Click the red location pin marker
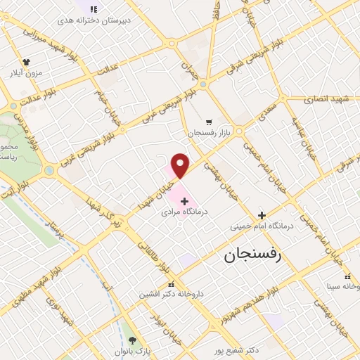pyautogui.click(x=181, y=165)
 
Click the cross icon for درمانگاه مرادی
pyautogui.click(x=184, y=201)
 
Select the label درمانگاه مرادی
pyautogui.click(x=185, y=211)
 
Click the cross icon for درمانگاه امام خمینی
pyautogui.click(x=262, y=216)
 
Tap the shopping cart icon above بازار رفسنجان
pyautogui.click(x=207, y=122)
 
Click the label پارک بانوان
pyautogui.click(x=134, y=351)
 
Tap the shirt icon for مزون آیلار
pyautogui.click(x=27, y=62)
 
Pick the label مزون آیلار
pyautogui.click(x=26, y=72)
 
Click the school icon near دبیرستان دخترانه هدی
pyautogui.click(x=95, y=8)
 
